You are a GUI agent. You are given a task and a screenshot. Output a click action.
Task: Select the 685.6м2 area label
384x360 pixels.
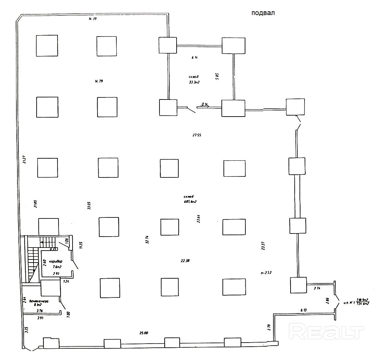(190, 202)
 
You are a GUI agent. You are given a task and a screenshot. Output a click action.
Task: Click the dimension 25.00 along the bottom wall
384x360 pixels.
(144, 333)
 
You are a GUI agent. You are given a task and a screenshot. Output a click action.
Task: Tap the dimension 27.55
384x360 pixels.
(196, 135)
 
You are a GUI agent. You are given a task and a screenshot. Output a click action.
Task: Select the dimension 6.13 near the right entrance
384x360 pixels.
(304, 310)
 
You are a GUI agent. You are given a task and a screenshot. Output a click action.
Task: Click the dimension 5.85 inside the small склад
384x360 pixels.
(217, 76)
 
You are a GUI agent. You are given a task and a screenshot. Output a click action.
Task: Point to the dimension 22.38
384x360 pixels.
(185, 261)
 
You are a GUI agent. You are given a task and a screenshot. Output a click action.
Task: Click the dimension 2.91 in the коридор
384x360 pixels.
(56, 274)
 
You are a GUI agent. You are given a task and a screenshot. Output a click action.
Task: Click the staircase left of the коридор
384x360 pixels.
(33, 260)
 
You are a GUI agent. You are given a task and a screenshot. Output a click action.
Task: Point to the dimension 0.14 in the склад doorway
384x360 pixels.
(205, 104)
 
